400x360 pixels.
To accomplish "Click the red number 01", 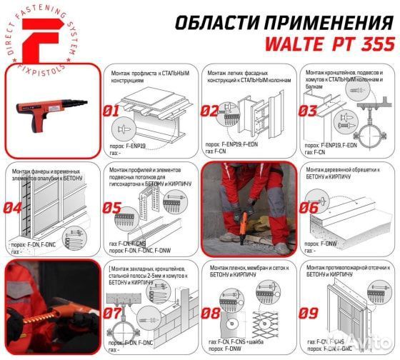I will [x=113, y=111].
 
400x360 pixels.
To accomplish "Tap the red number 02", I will [x=209, y=111].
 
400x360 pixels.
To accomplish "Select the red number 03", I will [x=308, y=111].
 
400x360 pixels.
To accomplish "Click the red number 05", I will [x=113, y=209].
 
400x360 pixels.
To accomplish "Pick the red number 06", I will [x=308, y=209].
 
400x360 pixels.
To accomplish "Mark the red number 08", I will [x=209, y=312].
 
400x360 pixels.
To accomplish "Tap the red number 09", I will [x=308, y=312].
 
